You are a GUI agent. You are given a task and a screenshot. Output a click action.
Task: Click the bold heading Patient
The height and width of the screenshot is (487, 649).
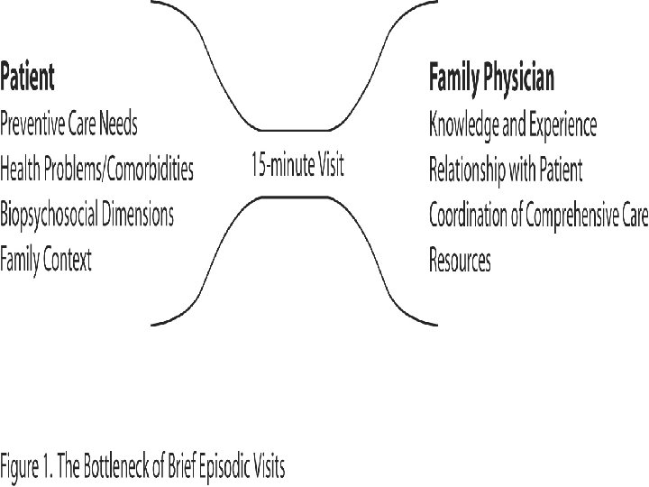pyautogui.click(x=28, y=78)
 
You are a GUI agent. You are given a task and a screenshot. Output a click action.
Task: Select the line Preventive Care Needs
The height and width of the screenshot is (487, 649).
pyautogui.click(x=69, y=124)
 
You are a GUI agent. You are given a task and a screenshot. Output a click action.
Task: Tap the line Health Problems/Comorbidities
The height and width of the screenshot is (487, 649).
pyautogui.click(x=96, y=168)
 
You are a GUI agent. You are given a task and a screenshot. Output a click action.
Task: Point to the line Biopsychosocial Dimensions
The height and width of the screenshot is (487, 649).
pyautogui.click(x=87, y=215)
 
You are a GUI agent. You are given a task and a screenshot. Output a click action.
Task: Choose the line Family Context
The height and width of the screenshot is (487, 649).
pyautogui.click(x=46, y=261)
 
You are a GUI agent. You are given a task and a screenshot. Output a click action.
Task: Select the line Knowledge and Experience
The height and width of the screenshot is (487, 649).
pyautogui.click(x=512, y=124)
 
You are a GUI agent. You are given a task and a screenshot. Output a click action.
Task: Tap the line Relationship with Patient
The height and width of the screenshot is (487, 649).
pyautogui.click(x=506, y=169)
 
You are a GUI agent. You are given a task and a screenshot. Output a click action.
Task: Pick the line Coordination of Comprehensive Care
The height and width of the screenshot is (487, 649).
pyautogui.click(x=538, y=216)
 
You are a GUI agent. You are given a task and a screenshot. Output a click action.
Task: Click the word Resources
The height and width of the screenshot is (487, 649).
pyautogui.click(x=460, y=261)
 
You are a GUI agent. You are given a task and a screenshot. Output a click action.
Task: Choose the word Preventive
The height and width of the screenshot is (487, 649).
pyautogui.click(x=35, y=124)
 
